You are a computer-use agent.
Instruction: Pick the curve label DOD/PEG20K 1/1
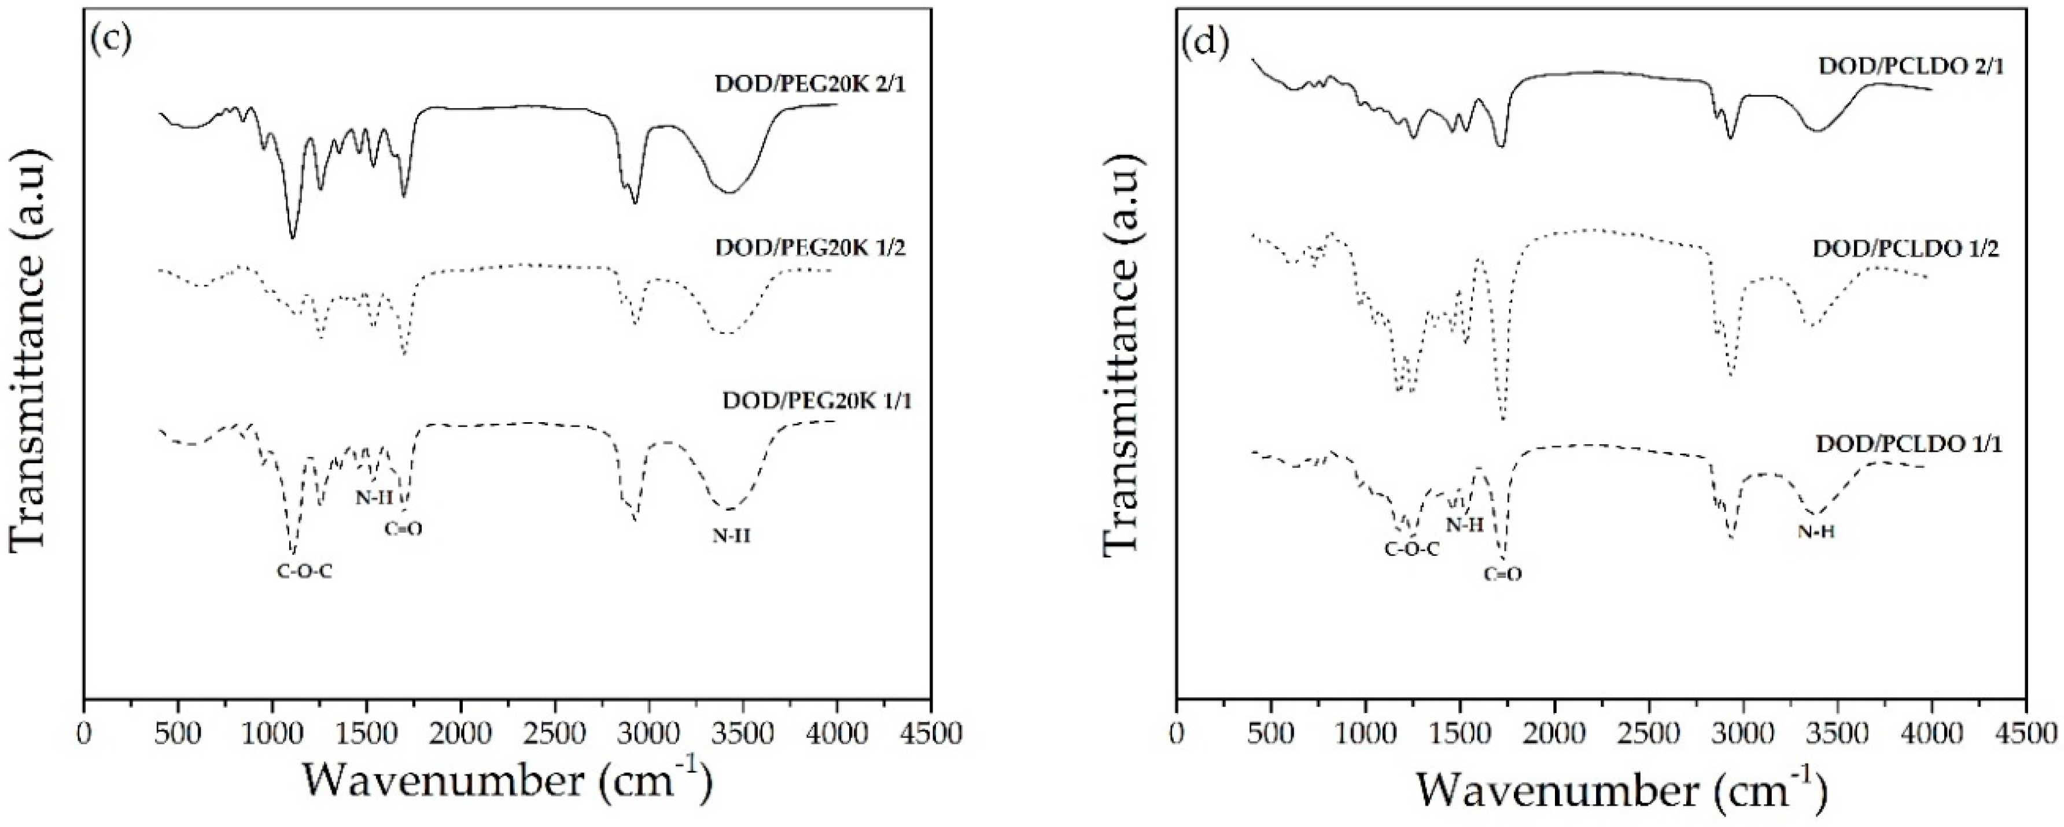[817, 400]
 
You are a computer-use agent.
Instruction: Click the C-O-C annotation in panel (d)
[1411, 551]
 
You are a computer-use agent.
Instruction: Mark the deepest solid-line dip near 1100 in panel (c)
[293, 237]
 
